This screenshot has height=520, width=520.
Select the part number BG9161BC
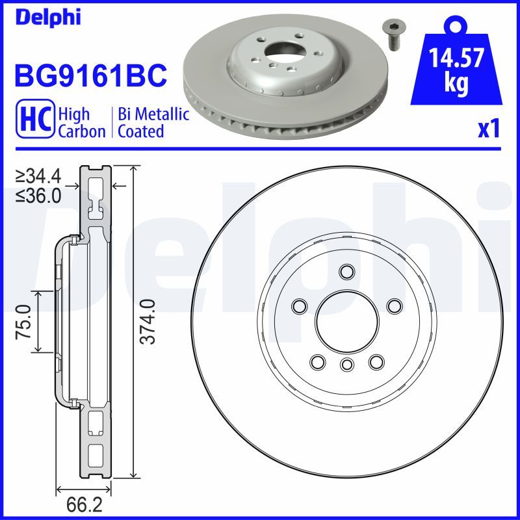pyautogui.click(x=90, y=76)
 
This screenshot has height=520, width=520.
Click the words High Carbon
pyautogui.click(x=81, y=122)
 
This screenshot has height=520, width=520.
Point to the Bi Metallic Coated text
pyautogui.click(x=153, y=122)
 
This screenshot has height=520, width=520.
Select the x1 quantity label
pyautogui.click(x=488, y=130)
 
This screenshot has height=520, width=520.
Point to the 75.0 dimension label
pyautogui.click(x=24, y=322)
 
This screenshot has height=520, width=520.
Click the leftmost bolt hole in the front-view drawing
pyautogui.click(x=300, y=305)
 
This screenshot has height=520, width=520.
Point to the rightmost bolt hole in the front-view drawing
pyautogui.click(x=393, y=305)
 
